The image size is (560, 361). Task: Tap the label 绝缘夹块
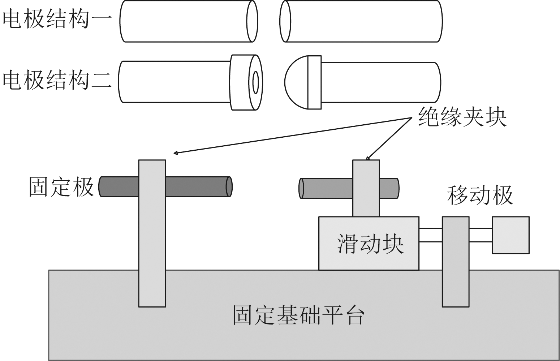coord(462,117)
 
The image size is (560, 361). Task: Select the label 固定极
coord(61,186)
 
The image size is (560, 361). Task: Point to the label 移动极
coord(480,195)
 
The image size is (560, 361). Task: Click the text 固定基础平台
coord(298,315)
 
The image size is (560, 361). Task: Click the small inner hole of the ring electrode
coord(255,82)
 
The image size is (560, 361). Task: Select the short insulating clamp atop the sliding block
coord(366,188)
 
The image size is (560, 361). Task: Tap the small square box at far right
coord(511,235)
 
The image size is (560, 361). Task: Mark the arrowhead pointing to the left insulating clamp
coord(176,153)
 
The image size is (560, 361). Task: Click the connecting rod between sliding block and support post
coord(431,235)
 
